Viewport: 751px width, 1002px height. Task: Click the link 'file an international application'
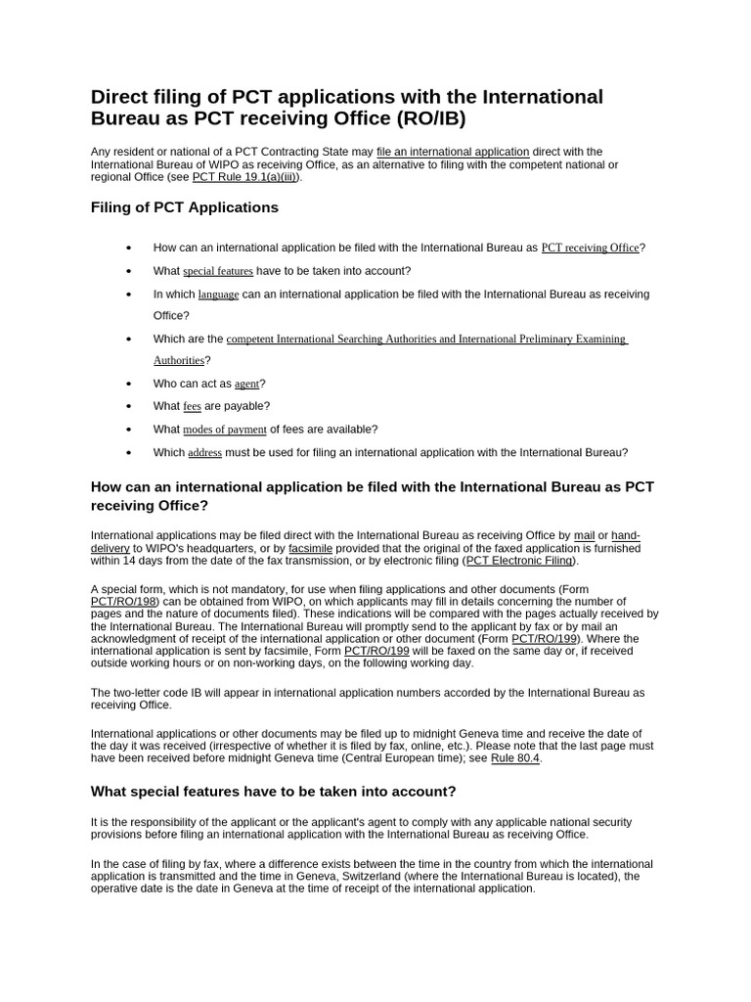[x=453, y=152]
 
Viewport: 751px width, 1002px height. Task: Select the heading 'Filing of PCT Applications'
[x=184, y=207]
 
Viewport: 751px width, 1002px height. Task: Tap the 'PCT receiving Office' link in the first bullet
[x=590, y=249]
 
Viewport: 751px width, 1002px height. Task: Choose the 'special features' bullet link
[x=217, y=271]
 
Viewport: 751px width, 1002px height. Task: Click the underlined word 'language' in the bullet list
[x=218, y=295]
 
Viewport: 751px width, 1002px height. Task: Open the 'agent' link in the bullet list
[x=246, y=385]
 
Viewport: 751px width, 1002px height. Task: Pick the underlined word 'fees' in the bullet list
[x=192, y=406]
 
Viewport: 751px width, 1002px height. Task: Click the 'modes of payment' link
[x=225, y=430]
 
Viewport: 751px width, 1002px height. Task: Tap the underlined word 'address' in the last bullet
[x=204, y=453]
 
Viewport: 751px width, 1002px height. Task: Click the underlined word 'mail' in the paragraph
[x=584, y=535]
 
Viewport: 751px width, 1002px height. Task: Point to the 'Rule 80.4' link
[x=514, y=758]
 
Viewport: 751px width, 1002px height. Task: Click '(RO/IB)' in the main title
[x=419, y=119]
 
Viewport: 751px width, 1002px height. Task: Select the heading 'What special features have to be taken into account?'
[x=273, y=791]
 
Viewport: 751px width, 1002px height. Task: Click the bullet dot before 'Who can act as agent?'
[x=129, y=385]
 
